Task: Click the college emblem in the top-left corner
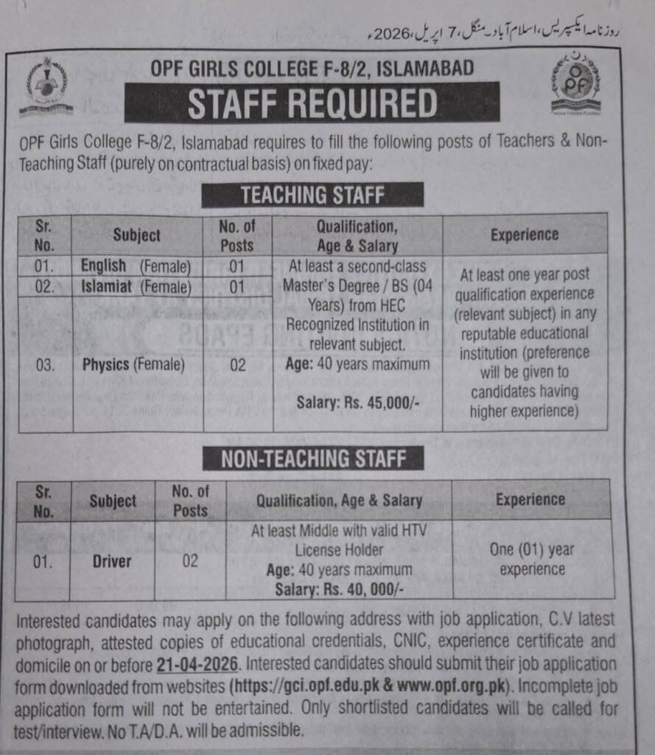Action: [46, 87]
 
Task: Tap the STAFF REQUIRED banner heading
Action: [312, 103]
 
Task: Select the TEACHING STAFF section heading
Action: [312, 195]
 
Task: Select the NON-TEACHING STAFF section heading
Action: [313, 458]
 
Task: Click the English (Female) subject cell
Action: [137, 265]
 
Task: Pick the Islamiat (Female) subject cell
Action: [137, 287]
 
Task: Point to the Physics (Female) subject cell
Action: [133, 364]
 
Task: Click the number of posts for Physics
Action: [237, 364]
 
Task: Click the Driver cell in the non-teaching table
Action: [111, 561]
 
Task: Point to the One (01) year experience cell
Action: [531, 559]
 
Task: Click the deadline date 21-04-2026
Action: [197, 664]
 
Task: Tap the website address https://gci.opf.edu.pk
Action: [309, 684]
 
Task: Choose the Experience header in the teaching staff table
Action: [525, 234]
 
